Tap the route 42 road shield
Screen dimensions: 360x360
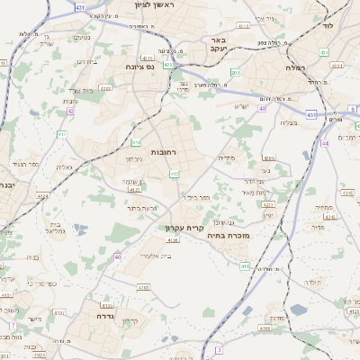[70, 112]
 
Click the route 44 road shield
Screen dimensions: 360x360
[324, 142]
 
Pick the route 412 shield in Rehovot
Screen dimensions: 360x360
[173, 173]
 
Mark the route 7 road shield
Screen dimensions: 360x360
[13, 325]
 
